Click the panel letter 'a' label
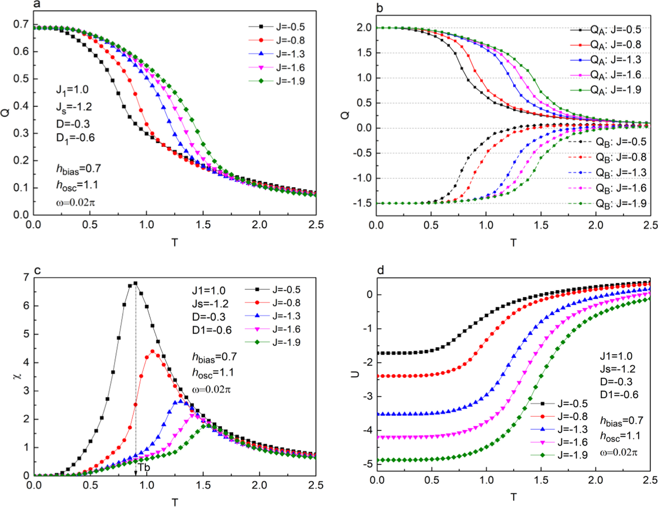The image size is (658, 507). point(36,4)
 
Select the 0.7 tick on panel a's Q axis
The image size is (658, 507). point(21,24)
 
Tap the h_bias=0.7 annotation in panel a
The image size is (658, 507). point(78,169)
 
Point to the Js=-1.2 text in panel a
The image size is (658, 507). point(74,107)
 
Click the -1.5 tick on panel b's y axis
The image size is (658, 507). point(363,203)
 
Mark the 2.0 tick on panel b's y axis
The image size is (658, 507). point(364,28)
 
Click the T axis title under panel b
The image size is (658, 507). point(513,243)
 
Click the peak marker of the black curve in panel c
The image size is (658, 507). point(135,284)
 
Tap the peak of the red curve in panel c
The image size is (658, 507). point(153,352)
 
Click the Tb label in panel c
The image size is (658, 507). point(143,468)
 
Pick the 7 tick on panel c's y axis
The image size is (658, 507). point(26,277)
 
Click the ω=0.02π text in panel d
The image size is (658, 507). point(619,453)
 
